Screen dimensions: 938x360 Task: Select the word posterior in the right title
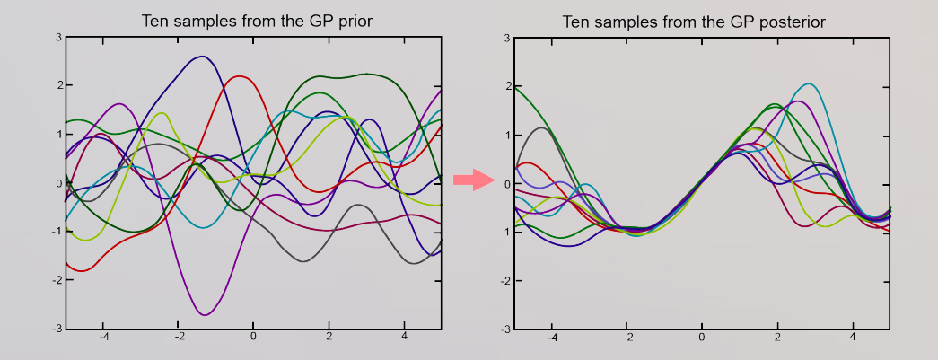(790, 22)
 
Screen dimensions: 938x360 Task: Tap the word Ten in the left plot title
(154, 22)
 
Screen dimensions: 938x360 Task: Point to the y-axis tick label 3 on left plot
(59, 37)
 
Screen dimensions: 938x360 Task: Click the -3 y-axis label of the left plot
(57, 329)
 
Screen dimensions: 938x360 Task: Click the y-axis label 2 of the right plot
(507, 87)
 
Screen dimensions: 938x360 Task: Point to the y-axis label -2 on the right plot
(505, 281)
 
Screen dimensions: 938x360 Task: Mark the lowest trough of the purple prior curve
(205, 314)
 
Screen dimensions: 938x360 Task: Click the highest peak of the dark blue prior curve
(203, 57)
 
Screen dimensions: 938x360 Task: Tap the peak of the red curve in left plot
(240, 76)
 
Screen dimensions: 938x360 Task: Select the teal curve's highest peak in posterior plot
(809, 83)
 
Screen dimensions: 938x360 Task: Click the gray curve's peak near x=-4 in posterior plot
(541, 128)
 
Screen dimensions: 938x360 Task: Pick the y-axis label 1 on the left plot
(59, 135)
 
